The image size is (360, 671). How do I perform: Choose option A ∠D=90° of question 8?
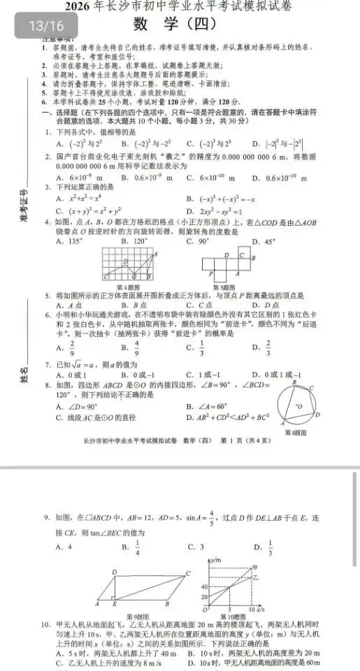pyautogui.click(x=78, y=407)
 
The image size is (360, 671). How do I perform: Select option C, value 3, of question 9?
pyautogui.click(x=196, y=547)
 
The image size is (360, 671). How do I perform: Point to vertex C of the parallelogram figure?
pyautogui.click(x=188, y=574)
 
